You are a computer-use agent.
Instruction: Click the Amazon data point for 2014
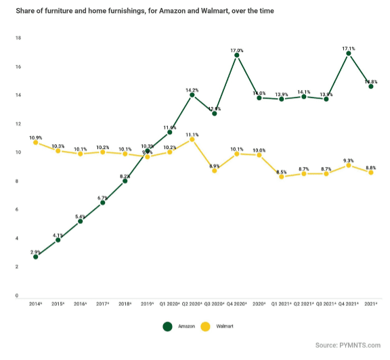pyautogui.click(x=35, y=256)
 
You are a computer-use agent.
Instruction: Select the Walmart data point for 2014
pyautogui.click(x=35, y=142)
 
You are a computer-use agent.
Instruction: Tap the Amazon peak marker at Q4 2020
pyautogui.click(x=237, y=55)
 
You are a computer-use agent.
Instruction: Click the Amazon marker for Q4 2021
pyautogui.click(x=349, y=53)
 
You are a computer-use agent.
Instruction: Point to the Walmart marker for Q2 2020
pyautogui.click(x=192, y=139)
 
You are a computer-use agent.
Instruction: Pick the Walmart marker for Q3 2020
pyautogui.click(x=215, y=171)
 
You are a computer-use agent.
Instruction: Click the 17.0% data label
pyautogui.click(x=237, y=50)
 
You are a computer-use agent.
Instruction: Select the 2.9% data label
pyautogui.click(x=35, y=252)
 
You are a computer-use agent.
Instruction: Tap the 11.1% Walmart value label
pyautogui.click(x=192, y=135)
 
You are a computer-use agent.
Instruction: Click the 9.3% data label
pyautogui.click(x=349, y=160)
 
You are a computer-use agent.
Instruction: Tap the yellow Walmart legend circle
pyautogui.click(x=205, y=326)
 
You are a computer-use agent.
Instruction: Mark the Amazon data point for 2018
pyautogui.click(x=125, y=181)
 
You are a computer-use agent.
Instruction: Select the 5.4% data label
pyautogui.click(x=80, y=216)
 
